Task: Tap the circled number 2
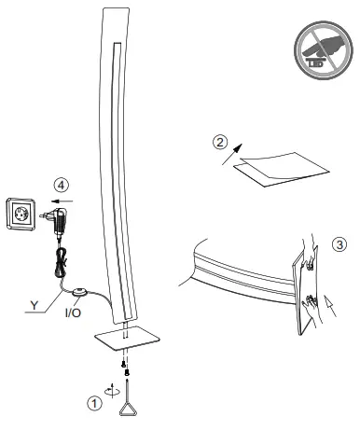pos(220,144)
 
